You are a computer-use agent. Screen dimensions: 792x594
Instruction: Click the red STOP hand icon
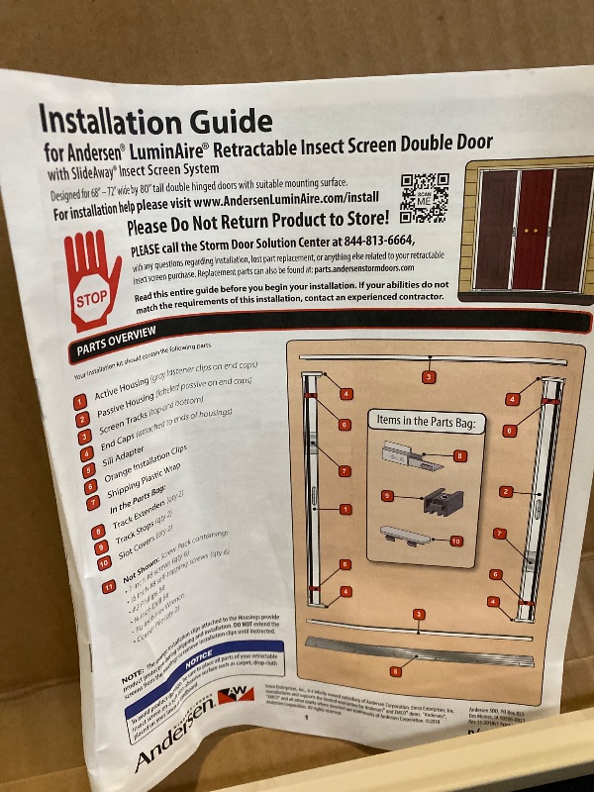pos(96,281)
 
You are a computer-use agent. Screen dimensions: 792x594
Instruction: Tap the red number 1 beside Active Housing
pos(79,402)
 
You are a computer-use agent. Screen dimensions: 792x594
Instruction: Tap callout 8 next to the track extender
pos(459,455)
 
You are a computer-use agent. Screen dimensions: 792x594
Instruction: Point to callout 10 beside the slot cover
pos(456,541)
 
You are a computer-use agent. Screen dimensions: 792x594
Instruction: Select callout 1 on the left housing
pos(346,509)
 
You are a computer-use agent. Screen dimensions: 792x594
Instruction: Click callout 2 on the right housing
pos(506,491)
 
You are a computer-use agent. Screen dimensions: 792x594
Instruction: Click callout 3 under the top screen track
pos(428,377)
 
